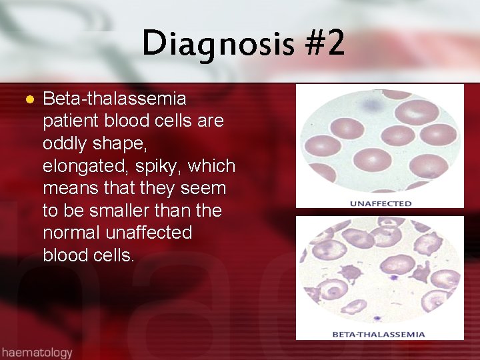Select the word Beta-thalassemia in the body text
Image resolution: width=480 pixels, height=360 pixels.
(114, 99)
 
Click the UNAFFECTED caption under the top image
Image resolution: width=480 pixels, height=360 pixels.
(381, 203)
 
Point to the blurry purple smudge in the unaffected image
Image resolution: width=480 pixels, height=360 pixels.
(367, 104)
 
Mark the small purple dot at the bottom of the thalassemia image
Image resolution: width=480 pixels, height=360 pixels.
(378, 319)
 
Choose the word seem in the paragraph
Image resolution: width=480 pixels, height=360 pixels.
(207, 189)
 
